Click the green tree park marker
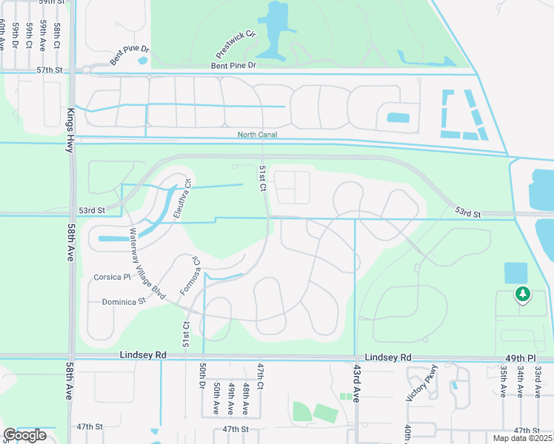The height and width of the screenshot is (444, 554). coord(523,295)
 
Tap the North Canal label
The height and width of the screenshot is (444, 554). coord(257,135)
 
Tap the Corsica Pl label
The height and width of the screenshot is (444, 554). coord(112,277)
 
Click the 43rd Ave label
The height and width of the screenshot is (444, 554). coord(356,384)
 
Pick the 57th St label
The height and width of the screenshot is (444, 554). coord(50,70)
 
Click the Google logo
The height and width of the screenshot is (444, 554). coord(25,435)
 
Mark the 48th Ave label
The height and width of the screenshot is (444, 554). coord(245,397)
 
